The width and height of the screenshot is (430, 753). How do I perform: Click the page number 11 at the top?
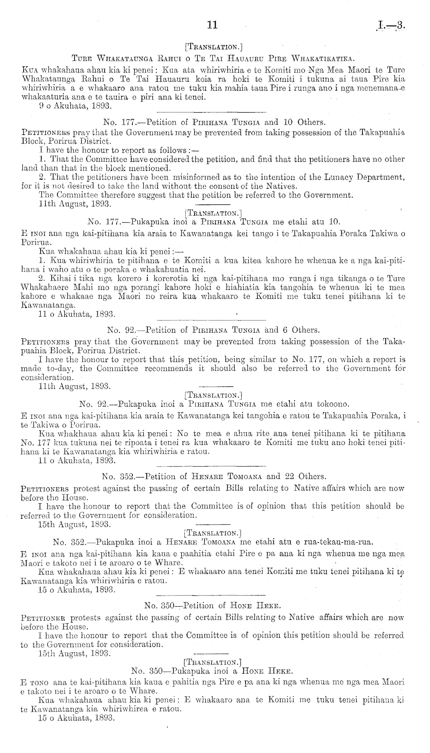[x=212, y=25]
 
